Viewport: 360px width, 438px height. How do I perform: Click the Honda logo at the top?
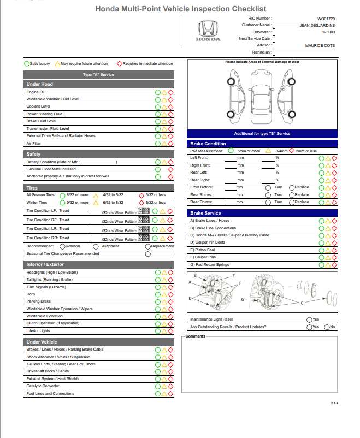pyautogui.click(x=208, y=31)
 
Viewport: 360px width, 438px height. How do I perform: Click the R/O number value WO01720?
pyautogui.click(x=326, y=19)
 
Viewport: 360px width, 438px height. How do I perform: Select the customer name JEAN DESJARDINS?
pyautogui.click(x=317, y=25)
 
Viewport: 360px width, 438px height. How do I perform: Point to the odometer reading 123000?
pyautogui.click(x=328, y=32)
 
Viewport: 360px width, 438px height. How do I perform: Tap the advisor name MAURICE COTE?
pyautogui.click(x=320, y=46)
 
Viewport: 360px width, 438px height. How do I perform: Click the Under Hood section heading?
pyautogui.click(x=40, y=84)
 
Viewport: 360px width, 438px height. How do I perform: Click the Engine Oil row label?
pyautogui.click(x=36, y=92)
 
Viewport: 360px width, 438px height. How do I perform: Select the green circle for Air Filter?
pyautogui.click(x=157, y=144)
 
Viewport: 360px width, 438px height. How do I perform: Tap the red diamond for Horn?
pyautogui.click(x=170, y=294)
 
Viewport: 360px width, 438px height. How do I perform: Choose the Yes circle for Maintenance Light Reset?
pyautogui.click(x=309, y=319)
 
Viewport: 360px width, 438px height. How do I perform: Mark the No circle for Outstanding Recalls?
pyautogui.click(x=327, y=327)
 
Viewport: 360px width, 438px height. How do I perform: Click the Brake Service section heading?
pyautogui.click(x=205, y=213)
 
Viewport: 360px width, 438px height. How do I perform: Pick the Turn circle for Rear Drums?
pyautogui.click(x=268, y=202)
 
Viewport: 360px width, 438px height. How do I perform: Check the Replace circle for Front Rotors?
pyautogui.click(x=292, y=187)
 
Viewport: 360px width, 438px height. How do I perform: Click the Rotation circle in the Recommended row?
pyautogui.click(x=62, y=246)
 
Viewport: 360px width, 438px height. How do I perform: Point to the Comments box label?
pyautogui.click(x=196, y=336)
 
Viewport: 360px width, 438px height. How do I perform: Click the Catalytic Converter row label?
pyautogui.click(x=43, y=386)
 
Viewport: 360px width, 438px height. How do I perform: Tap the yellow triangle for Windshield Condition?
pyautogui.click(x=164, y=316)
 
